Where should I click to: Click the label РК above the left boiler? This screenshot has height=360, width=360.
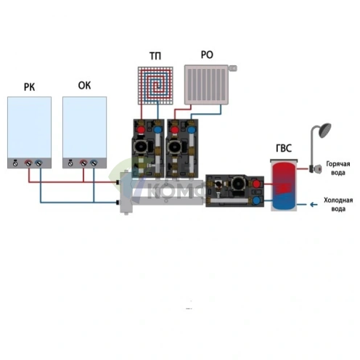click(29, 87)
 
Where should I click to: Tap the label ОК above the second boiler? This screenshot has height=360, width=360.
click(84, 86)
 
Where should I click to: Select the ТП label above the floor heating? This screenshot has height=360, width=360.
click(155, 56)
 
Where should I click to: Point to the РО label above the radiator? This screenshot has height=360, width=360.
click(207, 54)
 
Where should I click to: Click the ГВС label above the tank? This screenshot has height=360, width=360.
click(284, 148)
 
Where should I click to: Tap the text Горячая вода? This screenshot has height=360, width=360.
click(338, 168)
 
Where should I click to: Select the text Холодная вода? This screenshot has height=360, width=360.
click(338, 205)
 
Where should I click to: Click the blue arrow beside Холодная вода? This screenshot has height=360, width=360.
click(314, 205)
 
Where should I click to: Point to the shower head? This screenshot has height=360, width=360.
click(324, 130)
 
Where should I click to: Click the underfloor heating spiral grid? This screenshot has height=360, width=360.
click(155, 86)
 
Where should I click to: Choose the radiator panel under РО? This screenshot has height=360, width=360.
click(206, 85)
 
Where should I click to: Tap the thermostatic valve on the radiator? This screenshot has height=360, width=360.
click(233, 68)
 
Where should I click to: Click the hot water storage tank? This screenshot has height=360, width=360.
click(284, 185)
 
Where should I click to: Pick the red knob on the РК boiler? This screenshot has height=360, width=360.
click(28, 163)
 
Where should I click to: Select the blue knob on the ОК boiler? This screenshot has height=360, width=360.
click(94, 163)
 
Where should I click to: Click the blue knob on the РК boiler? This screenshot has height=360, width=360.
click(38, 163)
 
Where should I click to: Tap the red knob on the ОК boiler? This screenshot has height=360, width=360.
click(83, 163)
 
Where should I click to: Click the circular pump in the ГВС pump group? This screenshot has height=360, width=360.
click(237, 184)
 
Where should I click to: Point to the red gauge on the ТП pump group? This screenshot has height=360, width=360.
click(141, 130)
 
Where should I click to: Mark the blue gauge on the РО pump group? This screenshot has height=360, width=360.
click(192, 130)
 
